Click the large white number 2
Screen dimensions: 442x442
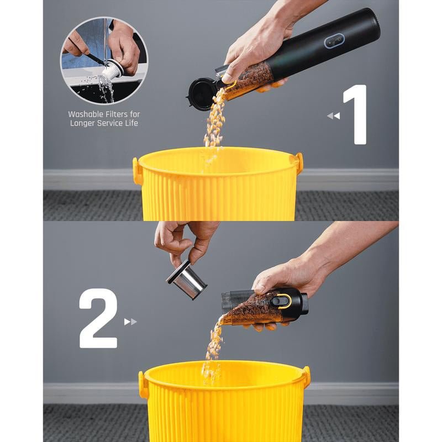coord(98,318)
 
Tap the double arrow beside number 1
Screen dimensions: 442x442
coord(334,115)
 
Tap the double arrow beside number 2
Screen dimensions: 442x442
coord(130,322)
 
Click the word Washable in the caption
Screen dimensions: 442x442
coord(86,114)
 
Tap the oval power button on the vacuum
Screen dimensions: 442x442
coord(334,41)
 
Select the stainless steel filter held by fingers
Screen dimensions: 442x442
coord(187,280)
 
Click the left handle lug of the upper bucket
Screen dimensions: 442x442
coord(136,171)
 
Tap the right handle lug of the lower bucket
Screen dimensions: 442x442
coord(307,374)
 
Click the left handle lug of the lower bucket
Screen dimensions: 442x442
coord(143,385)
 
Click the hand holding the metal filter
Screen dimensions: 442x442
coord(186,243)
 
